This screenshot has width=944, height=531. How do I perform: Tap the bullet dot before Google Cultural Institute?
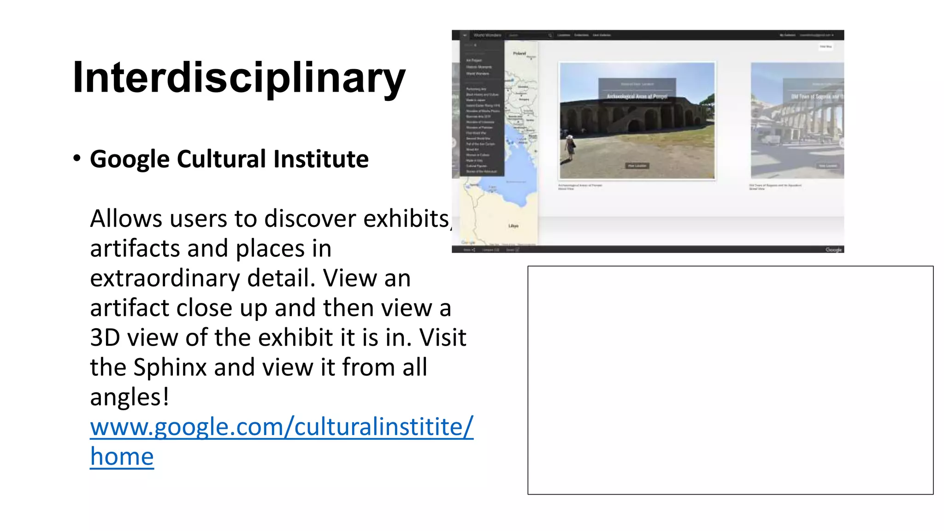[77, 159]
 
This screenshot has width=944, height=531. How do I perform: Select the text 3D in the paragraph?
[105, 338]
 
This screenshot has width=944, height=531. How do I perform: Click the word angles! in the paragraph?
[130, 397]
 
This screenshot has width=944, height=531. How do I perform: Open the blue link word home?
[122, 457]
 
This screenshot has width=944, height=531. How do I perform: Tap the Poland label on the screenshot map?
[519, 53]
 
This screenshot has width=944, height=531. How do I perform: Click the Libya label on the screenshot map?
[513, 226]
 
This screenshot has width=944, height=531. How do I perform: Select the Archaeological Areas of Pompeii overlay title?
[637, 96]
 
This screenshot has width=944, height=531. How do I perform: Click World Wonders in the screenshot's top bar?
[487, 35]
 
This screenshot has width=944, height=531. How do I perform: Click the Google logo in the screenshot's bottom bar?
[833, 249]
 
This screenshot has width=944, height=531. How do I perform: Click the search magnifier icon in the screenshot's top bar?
[550, 35]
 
